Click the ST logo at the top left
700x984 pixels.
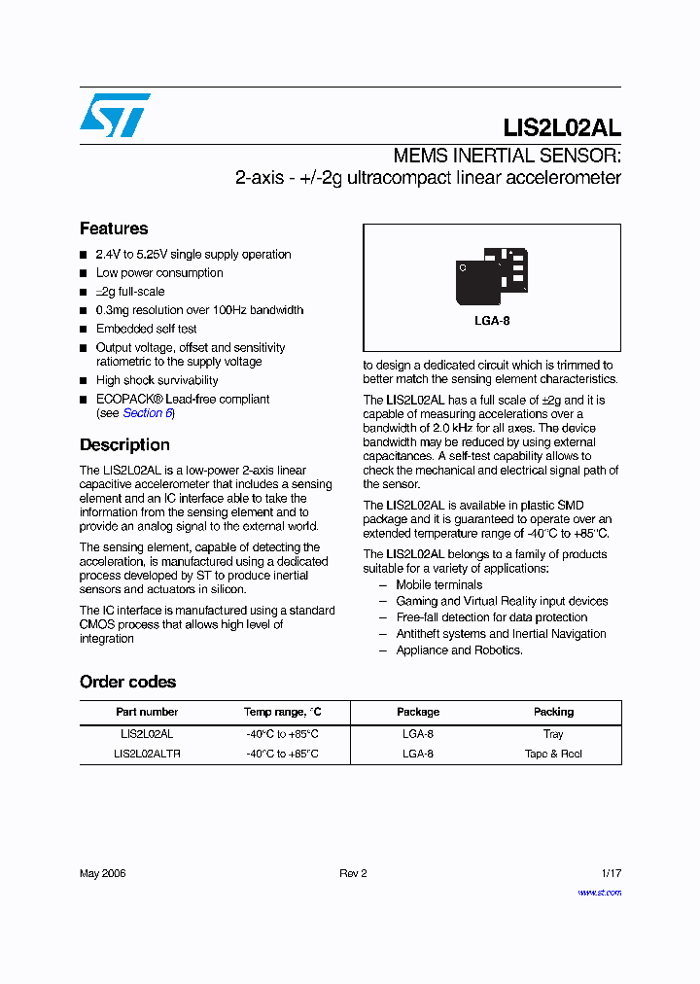point(115,115)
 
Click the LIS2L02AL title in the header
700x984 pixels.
point(562,128)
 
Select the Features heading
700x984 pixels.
point(114,228)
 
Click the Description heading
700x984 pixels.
point(124,444)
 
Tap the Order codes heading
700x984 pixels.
point(127,682)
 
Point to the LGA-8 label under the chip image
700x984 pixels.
point(492,321)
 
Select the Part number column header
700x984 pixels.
point(147,712)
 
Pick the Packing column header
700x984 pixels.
point(553,712)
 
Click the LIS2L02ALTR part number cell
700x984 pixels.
point(147,754)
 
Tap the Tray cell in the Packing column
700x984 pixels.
point(553,734)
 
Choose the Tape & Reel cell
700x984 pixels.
point(553,754)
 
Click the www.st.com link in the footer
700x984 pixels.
point(599,892)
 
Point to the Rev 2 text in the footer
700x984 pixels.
point(353,873)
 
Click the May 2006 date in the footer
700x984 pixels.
point(103,873)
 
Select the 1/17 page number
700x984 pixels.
point(611,873)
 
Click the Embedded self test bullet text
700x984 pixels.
point(146,329)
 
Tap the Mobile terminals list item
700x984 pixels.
point(438,585)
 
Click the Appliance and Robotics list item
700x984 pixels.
point(459,650)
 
